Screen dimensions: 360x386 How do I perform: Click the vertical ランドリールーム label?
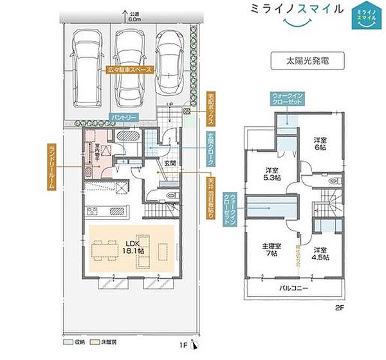(51, 166)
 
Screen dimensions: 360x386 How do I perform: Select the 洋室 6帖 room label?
(320, 144)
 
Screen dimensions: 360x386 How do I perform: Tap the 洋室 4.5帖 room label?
(320, 253)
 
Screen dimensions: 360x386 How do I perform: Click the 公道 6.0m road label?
(133, 17)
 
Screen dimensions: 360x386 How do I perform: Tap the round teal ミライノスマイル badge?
(363, 16)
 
